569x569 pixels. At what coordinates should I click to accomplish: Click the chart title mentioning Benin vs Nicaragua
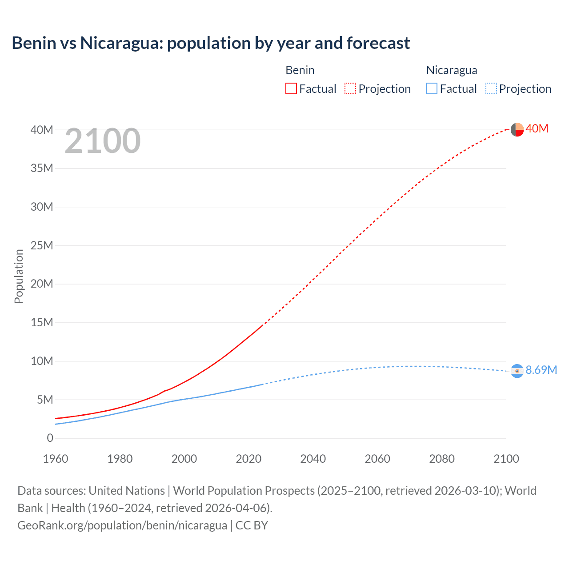pos(211,43)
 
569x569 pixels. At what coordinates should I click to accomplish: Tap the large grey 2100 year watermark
pos(103,141)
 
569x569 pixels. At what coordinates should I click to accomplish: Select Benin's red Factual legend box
pos(291,88)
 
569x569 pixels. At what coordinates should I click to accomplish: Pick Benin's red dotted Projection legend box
pos(350,88)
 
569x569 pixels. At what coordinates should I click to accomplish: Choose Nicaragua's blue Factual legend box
pos(432,88)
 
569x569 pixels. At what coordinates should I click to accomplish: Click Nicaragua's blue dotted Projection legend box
pos(491,88)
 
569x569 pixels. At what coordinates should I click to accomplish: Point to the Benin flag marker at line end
pos(517,129)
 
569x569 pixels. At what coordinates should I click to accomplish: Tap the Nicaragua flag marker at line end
pos(517,371)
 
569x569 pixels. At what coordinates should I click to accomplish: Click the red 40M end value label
pos(537,128)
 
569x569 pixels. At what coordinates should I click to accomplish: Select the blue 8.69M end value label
pos(541,370)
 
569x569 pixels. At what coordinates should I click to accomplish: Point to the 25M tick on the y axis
pos(42,245)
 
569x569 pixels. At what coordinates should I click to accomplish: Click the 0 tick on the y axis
pos(50,438)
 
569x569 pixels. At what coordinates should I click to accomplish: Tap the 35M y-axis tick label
pos(42,168)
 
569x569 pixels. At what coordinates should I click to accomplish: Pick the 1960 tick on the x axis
pos(56,459)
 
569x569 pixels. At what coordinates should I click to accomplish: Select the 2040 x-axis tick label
pos(313,459)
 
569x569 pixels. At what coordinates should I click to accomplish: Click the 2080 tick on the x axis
pos(442,459)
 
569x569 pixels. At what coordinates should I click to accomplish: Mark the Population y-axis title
pos(19,276)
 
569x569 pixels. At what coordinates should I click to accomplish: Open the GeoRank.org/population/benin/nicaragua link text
pos(122,525)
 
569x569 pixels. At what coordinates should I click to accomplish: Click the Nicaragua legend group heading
pos(452,70)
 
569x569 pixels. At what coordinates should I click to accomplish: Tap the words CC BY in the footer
pos(252,525)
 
